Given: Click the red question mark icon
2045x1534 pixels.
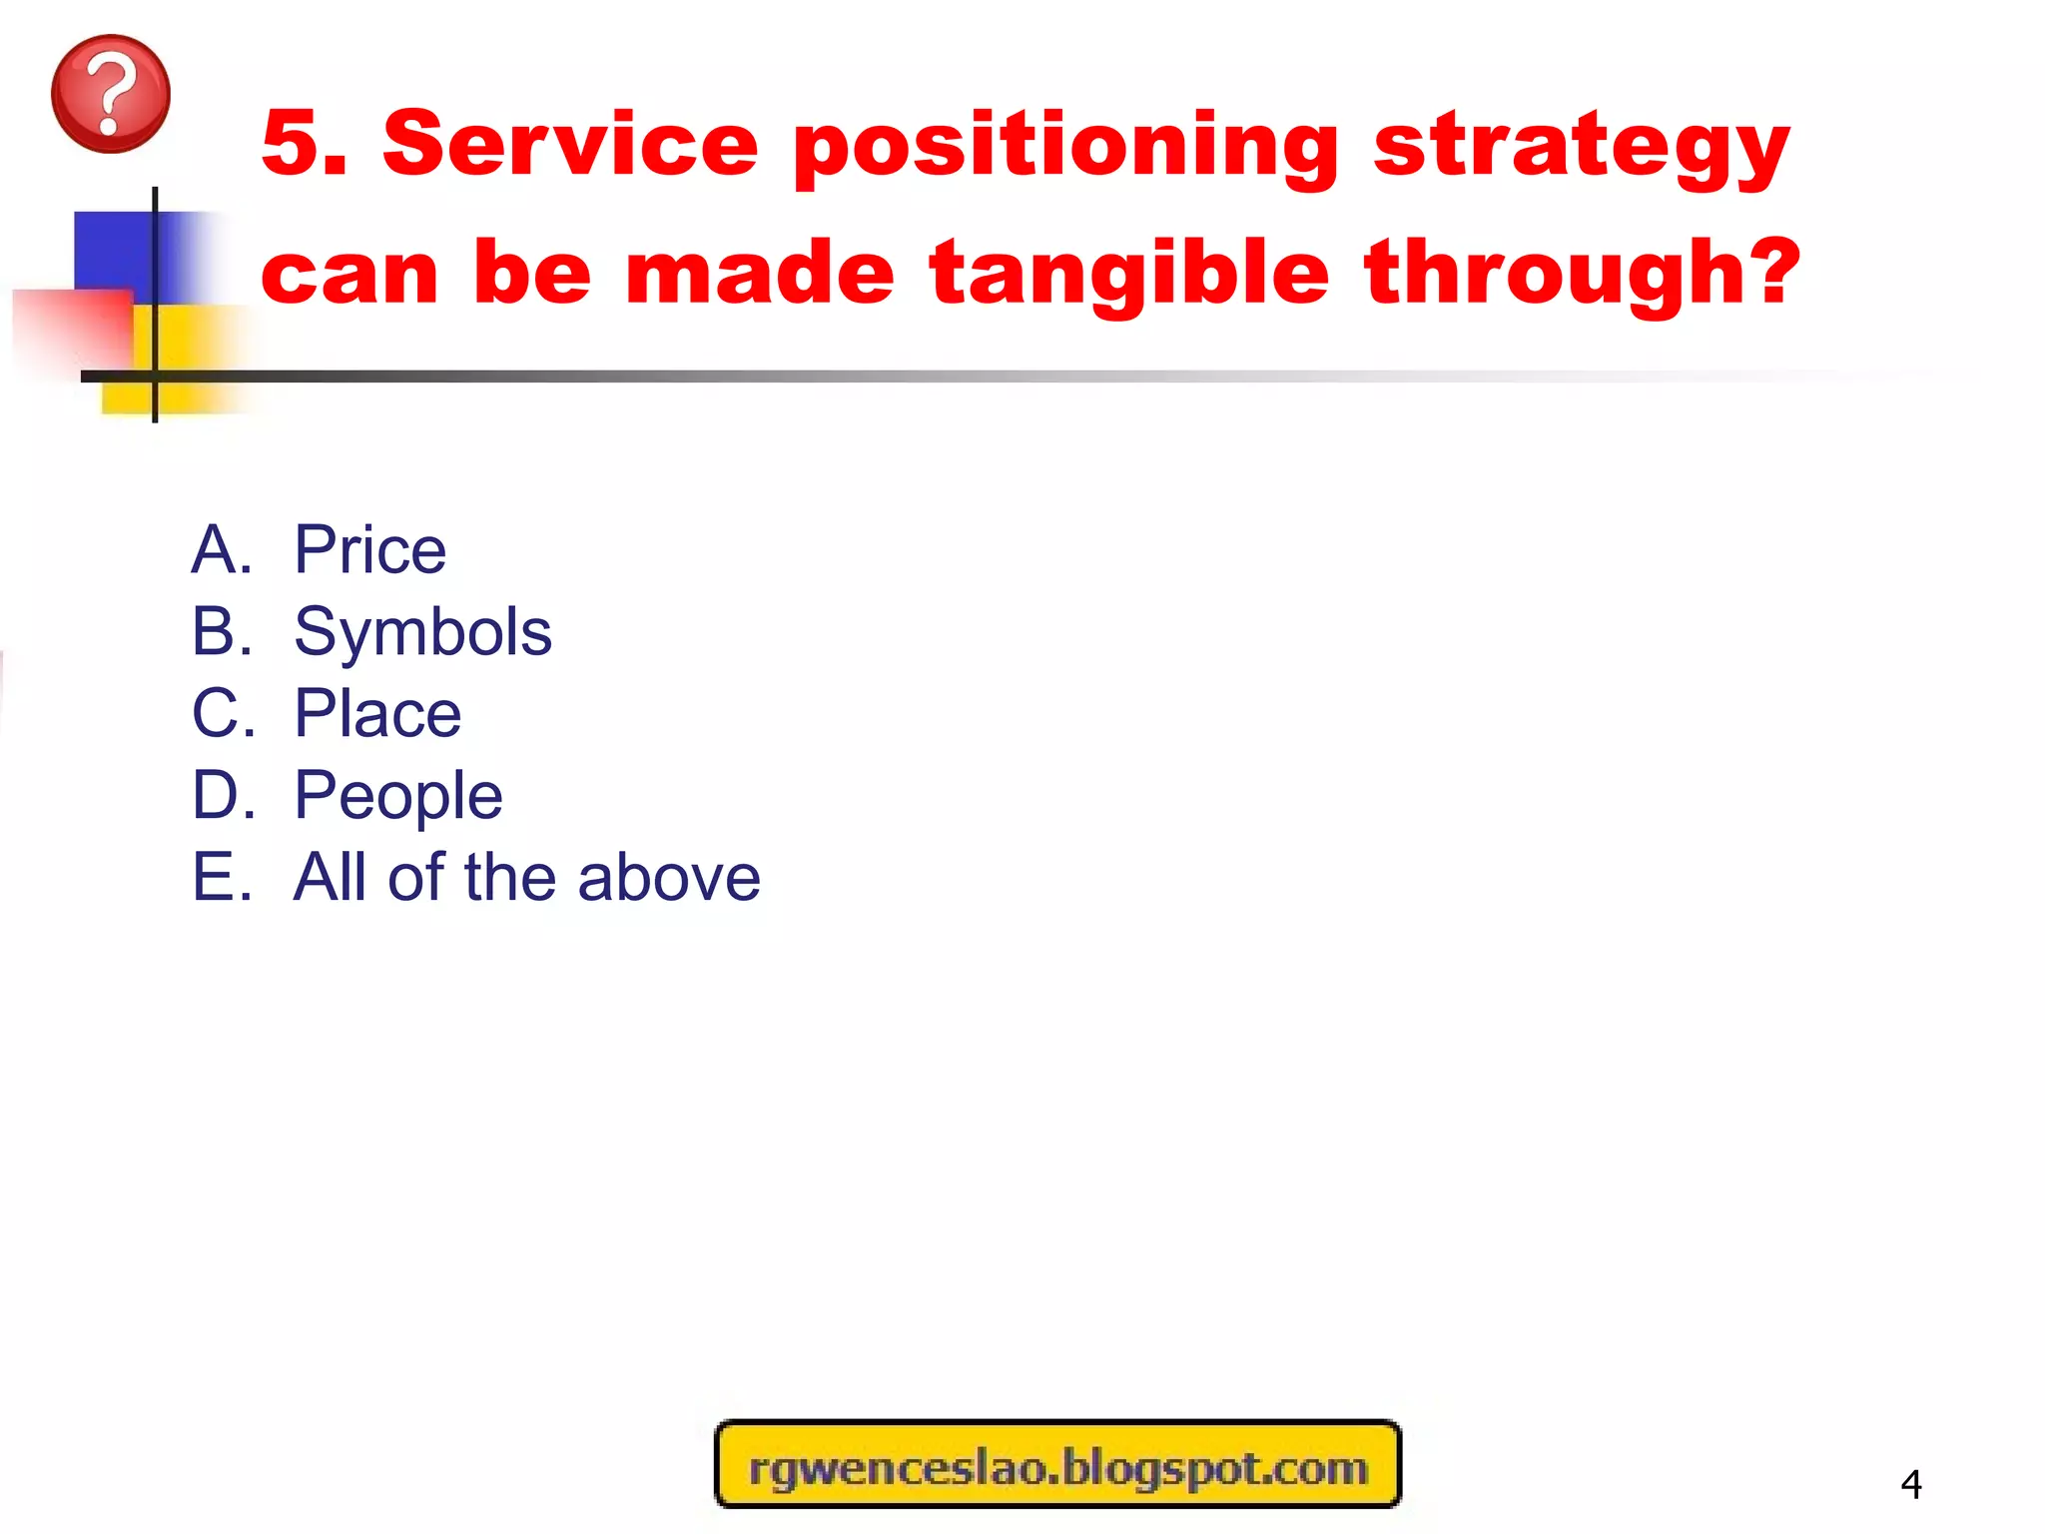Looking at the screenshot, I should tap(110, 94).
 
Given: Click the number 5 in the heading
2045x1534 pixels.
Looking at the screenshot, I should tap(295, 145).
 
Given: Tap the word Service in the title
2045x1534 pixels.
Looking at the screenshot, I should tap(570, 145).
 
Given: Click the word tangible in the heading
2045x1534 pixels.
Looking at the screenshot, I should tap(1129, 275).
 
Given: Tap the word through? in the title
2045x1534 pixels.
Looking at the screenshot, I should tap(1583, 275).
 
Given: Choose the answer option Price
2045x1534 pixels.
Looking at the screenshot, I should tap(369, 550).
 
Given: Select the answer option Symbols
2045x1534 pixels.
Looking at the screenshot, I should tap(422, 632).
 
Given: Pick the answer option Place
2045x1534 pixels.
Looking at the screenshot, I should tap(377, 714).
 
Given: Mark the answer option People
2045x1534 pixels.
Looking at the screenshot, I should tap(397, 797).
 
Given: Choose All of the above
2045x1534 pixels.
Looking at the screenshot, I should tap(526, 878).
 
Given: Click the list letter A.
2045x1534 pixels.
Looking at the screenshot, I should tap(220, 550).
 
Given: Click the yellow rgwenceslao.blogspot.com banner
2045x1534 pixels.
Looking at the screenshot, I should tap(1058, 1464).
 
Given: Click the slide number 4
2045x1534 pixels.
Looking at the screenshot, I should tap(1910, 1484).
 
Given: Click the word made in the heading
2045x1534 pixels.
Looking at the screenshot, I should tap(760, 275).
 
